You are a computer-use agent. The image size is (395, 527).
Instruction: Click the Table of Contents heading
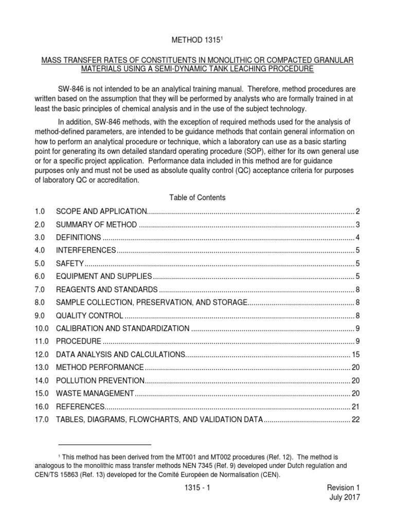click(x=197, y=197)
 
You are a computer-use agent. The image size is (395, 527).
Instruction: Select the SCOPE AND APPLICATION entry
click(x=102, y=212)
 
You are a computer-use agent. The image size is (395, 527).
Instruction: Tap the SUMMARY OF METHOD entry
click(x=97, y=224)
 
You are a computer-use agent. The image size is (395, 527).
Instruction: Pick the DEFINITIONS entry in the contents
click(x=79, y=237)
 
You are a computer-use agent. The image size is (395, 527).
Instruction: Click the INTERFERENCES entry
click(x=86, y=250)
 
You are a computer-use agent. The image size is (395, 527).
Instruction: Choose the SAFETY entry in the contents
click(x=70, y=263)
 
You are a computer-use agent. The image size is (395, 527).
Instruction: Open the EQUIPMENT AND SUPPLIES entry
click(x=104, y=276)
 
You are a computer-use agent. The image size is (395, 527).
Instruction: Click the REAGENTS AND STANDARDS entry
click(x=106, y=289)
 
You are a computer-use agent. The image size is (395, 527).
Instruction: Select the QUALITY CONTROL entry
click(x=89, y=315)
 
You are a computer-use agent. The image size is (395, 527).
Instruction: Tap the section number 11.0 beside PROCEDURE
click(x=41, y=342)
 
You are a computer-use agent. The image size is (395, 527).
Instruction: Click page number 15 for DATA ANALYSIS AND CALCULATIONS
click(x=355, y=355)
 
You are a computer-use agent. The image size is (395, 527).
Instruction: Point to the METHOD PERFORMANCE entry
click(x=100, y=367)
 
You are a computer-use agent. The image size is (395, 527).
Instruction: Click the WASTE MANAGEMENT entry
click(x=95, y=394)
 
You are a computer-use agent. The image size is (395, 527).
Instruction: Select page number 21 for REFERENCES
click(x=355, y=407)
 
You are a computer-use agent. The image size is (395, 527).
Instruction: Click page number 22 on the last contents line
click(x=355, y=419)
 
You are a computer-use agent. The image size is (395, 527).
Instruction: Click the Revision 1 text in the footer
click(x=340, y=487)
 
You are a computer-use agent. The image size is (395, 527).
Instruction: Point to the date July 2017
click(x=344, y=497)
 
